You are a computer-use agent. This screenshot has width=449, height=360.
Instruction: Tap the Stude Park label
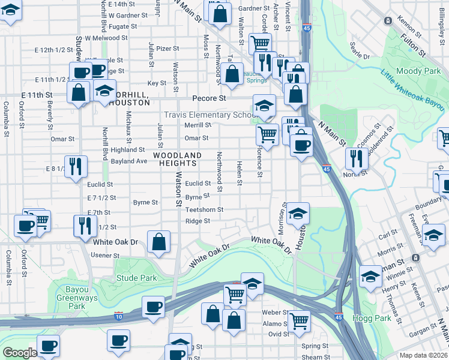tap(136, 278)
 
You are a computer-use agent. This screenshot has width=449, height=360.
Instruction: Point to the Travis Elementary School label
tap(210, 115)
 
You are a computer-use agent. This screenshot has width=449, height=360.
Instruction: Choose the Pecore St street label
tap(209, 98)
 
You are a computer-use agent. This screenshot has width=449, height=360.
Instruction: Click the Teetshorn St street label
tap(204, 210)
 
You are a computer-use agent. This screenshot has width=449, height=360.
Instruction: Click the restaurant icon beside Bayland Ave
tap(76, 166)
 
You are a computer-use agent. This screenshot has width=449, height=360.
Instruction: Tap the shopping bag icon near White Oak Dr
tap(158, 242)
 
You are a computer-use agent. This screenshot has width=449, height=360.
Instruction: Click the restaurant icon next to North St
tap(357, 158)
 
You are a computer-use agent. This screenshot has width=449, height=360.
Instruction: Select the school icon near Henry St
tap(370, 276)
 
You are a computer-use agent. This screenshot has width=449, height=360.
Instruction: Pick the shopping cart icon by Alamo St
tap(299, 320)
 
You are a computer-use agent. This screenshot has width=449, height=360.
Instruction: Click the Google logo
tap(20, 353)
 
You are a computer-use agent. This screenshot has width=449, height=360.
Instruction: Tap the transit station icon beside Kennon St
tap(388, 21)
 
